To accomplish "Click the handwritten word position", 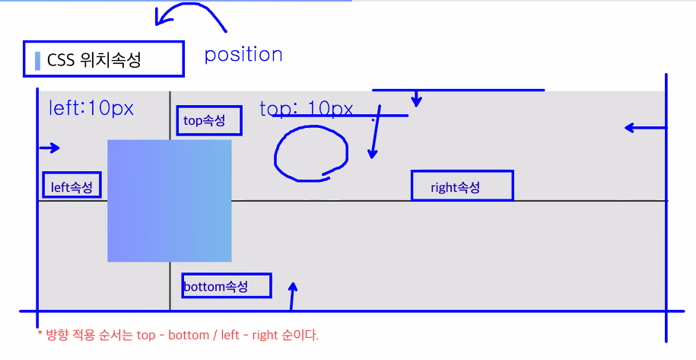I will click(x=243, y=55).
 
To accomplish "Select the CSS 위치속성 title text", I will click(x=94, y=60).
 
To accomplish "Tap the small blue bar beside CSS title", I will click(x=37, y=60).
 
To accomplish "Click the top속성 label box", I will click(x=209, y=120).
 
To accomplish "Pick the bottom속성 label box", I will click(x=226, y=286).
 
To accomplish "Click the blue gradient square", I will click(x=169, y=201).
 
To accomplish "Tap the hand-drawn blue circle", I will click(x=310, y=155).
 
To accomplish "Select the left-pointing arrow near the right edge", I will click(x=644, y=128).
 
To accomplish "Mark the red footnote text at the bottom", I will click(x=178, y=335).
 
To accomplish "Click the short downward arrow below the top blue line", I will click(x=417, y=99).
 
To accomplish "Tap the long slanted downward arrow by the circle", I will click(x=373, y=137).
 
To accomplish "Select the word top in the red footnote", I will click(x=148, y=335).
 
